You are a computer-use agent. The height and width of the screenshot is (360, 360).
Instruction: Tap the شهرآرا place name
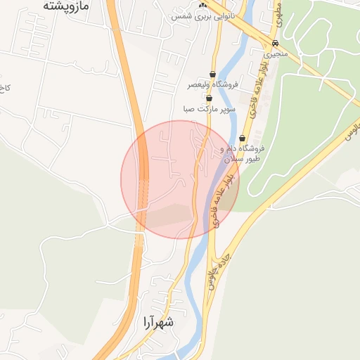(157, 323)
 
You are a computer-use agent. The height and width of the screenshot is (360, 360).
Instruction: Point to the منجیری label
(275, 52)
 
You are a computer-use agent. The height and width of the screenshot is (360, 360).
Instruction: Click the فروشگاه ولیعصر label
(213, 84)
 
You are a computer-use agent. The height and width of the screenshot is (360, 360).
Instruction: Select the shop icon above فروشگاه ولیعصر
(213, 74)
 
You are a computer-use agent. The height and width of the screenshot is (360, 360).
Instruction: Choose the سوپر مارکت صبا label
(208, 109)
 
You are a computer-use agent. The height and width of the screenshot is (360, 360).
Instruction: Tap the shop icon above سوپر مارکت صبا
(209, 98)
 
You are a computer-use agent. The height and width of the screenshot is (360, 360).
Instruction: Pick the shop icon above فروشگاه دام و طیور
(243, 138)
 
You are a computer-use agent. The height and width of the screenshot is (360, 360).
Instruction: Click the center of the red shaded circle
(180, 179)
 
